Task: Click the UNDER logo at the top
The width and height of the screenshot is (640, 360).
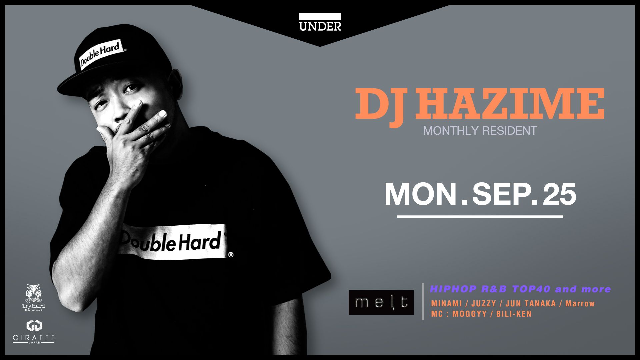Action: (320, 22)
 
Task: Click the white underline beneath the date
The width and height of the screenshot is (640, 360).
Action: (480, 217)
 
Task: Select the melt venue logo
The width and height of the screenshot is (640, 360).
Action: (381, 302)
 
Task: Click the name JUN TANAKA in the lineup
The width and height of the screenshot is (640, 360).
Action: (531, 304)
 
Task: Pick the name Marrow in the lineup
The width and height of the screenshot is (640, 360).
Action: (580, 304)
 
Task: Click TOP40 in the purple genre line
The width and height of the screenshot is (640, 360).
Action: (531, 289)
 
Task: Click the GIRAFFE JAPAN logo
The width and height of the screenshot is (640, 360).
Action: (34, 332)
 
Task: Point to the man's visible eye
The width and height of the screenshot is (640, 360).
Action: (131, 89)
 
